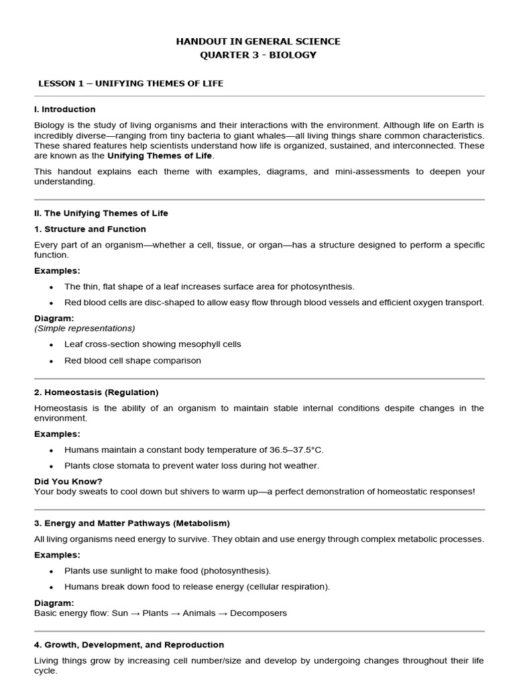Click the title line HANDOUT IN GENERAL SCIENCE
click(x=258, y=42)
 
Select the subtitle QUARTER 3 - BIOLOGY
click(x=258, y=55)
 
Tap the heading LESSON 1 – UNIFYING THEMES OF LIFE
click(x=131, y=83)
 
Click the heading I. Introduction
click(x=65, y=109)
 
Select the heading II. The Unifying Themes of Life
click(x=101, y=213)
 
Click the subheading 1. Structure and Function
click(x=90, y=229)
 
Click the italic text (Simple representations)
click(x=84, y=328)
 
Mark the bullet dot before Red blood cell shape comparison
click(x=51, y=361)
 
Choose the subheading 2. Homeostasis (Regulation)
click(x=97, y=392)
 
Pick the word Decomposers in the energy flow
click(x=258, y=613)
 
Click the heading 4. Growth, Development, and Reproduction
click(x=129, y=645)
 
